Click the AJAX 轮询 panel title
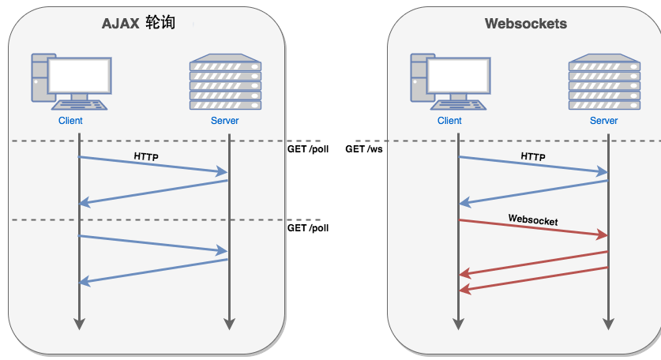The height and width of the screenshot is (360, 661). pos(138,24)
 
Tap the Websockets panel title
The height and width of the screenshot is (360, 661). pos(525,24)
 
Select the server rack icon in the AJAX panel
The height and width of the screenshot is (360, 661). pos(225,81)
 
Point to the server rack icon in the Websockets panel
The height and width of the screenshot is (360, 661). pos(604,81)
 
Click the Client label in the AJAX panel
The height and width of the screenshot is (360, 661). pos(70,121)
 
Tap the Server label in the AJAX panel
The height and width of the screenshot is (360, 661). pos(224,121)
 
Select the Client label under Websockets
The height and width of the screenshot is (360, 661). pos(449,121)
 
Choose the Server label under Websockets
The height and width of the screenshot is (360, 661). pos(604,121)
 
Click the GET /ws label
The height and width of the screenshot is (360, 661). pos(363,149)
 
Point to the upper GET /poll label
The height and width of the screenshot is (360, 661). pos(308,149)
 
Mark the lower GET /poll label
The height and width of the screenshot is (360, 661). pos(308,228)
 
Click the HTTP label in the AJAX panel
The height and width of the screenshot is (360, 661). pos(146,157)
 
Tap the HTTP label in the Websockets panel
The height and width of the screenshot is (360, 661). pos(533,157)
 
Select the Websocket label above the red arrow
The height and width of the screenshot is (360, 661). pos(533,220)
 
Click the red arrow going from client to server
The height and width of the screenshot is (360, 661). pos(533,228)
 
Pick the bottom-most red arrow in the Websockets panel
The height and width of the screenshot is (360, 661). pos(533,279)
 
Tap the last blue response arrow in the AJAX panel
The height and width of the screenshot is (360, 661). pos(154,271)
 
